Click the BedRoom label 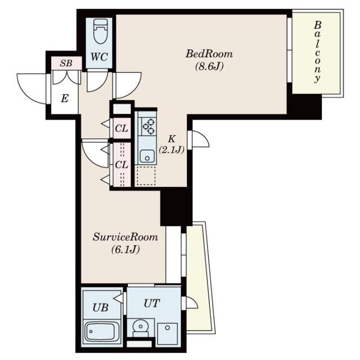pyautogui.click(x=209, y=54)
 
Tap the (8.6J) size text pyautogui.click(x=209, y=66)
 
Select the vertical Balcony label pyautogui.click(x=317, y=52)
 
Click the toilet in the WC pyautogui.click(x=100, y=31)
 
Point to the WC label pyautogui.click(x=99, y=57)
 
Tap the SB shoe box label pyautogui.click(x=66, y=63)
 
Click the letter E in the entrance pyautogui.click(x=65, y=99)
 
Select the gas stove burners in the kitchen pyautogui.click(x=148, y=126)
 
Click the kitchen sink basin pyautogui.click(x=147, y=156)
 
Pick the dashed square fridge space pyautogui.click(x=146, y=176)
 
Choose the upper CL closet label pyautogui.click(x=121, y=129)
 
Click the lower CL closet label pyautogui.click(x=121, y=165)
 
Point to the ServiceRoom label pyautogui.click(x=125, y=237)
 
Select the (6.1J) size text pyautogui.click(x=125, y=249)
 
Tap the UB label pyautogui.click(x=100, y=308)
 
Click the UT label pyautogui.click(x=151, y=303)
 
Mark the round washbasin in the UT pyautogui.click(x=140, y=326)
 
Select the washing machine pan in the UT pyautogui.click(x=168, y=334)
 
